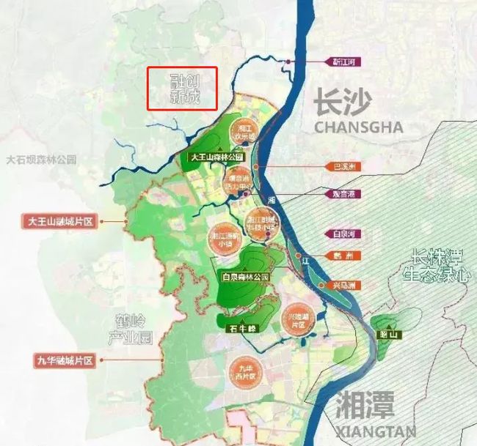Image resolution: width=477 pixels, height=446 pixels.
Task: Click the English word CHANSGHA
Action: point(358,127)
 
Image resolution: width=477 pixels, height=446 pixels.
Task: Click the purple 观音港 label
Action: point(338,195)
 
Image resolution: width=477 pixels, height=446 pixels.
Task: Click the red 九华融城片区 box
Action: point(65,360)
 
